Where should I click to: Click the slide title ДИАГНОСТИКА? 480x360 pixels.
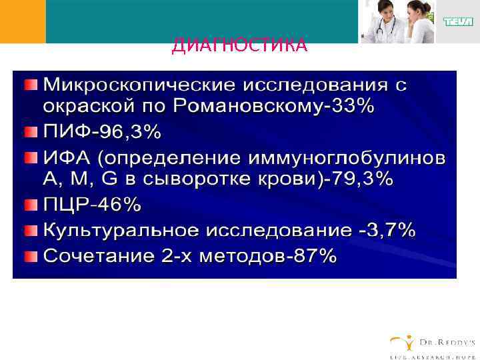tap(239, 45)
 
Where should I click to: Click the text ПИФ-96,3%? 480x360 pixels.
tap(102, 132)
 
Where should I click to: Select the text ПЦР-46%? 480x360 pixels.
tap(92, 205)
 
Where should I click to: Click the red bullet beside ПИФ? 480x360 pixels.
tap(31, 132)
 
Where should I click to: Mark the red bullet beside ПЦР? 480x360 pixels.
tap(31, 204)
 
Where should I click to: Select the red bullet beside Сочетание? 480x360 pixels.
tap(31, 255)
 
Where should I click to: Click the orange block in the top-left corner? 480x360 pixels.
tap(23, 21)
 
